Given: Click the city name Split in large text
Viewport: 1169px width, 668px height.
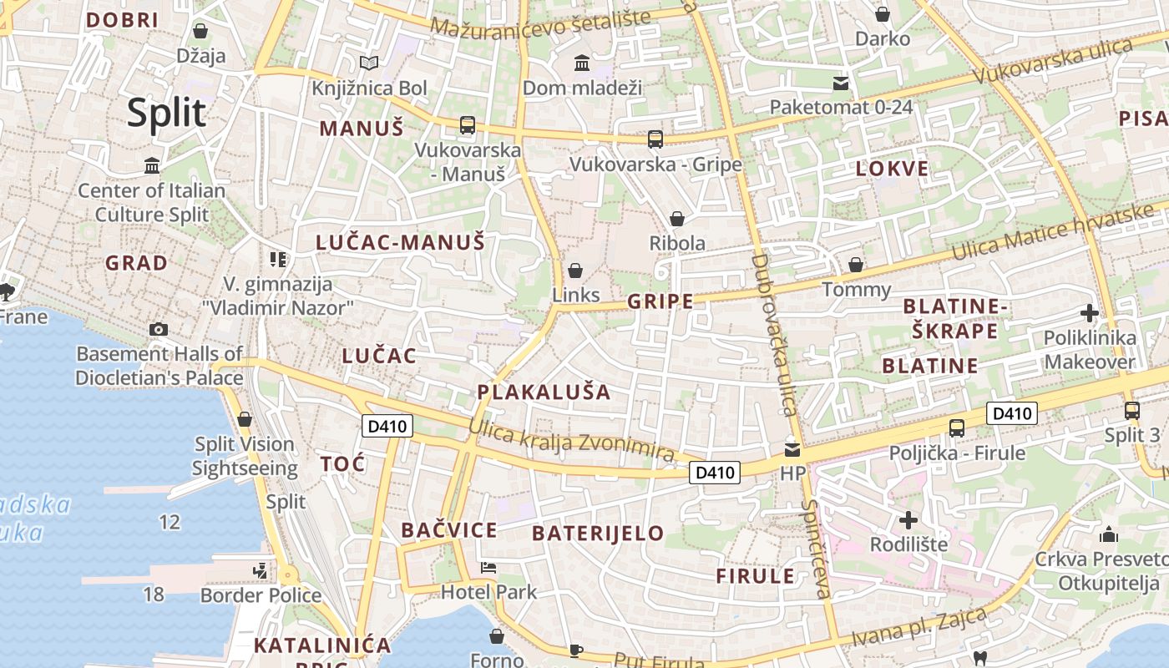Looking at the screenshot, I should click(166, 113).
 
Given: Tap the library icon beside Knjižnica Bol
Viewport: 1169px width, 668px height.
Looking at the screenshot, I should click(368, 63).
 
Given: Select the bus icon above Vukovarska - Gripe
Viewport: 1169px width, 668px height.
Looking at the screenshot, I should click(655, 139).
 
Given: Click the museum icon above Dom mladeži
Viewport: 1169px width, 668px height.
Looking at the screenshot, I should click(582, 63).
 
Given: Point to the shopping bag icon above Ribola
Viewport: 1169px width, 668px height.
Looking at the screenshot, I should click(677, 219).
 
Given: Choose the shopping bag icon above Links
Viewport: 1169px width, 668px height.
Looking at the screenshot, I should click(575, 271).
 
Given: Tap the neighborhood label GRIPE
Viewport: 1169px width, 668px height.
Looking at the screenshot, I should click(660, 301).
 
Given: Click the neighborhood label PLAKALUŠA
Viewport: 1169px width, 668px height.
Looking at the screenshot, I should click(544, 392).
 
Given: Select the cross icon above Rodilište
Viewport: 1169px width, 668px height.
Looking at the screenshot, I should click(908, 520).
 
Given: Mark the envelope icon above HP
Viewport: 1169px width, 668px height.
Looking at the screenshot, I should click(792, 449).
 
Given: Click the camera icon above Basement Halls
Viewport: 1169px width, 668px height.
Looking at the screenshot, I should click(159, 329).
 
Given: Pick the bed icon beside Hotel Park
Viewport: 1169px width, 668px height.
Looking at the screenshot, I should click(488, 568).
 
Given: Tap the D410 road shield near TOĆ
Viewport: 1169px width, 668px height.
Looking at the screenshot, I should click(387, 426).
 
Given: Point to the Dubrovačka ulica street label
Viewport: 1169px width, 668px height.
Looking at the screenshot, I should click(772, 334).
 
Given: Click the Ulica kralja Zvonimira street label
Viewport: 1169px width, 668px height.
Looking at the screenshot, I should click(571, 440).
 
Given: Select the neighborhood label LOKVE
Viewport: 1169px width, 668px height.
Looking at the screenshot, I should click(892, 169).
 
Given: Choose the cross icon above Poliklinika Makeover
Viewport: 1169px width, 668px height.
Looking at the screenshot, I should click(1089, 313).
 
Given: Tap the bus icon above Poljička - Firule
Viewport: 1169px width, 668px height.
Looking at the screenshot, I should click(957, 428).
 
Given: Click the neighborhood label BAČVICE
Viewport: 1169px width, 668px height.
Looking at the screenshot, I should click(449, 530).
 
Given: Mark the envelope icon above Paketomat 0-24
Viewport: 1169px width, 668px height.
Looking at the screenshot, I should click(841, 83).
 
